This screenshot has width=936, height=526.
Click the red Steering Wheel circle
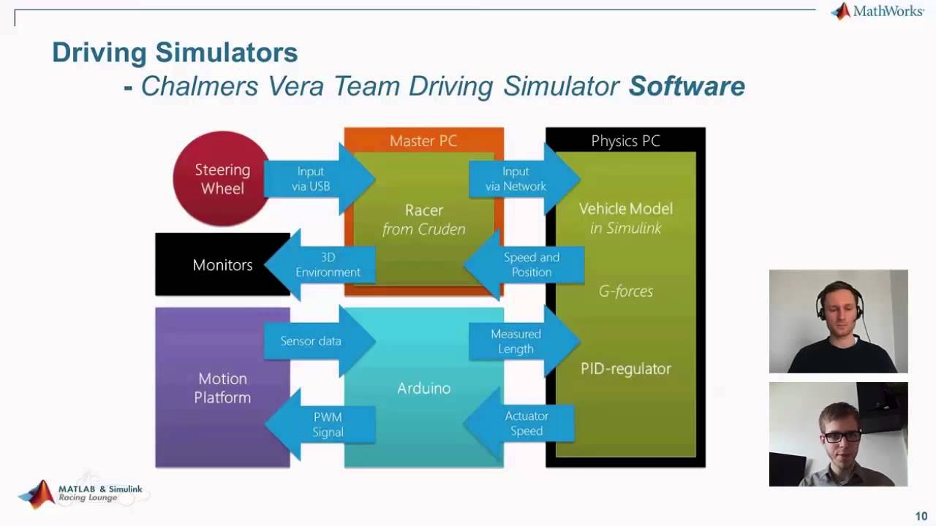point(222,179)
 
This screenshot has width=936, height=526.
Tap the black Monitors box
point(222,265)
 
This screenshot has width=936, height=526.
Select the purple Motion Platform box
point(222,388)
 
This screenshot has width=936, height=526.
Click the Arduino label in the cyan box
point(423,389)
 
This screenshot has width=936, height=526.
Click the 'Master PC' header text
point(423,141)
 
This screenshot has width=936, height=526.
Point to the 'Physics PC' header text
point(625,141)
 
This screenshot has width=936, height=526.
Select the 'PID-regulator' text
point(625,369)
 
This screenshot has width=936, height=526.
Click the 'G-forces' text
point(625,291)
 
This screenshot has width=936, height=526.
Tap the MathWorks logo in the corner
point(877,12)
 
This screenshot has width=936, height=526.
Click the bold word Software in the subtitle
point(687,86)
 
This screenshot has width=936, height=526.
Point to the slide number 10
point(921,517)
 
